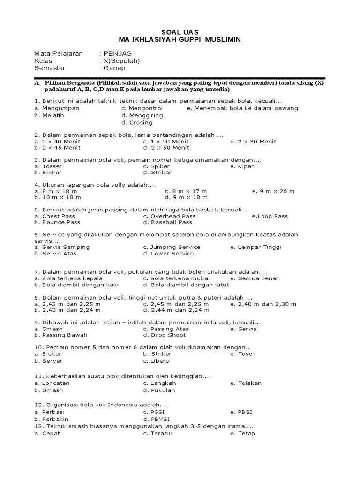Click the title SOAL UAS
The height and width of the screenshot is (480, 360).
[x=180, y=32]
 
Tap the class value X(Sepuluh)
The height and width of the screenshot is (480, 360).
[x=121, y=60]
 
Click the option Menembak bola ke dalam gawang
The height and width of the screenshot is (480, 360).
[x=246, y=108]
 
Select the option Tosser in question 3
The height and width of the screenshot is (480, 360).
[x=52, y=166]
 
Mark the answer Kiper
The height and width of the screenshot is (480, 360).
[x=246, y=166]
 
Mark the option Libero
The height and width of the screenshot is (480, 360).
[x=160, y=361]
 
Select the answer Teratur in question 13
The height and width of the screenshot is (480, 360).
[x=162, y=434]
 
